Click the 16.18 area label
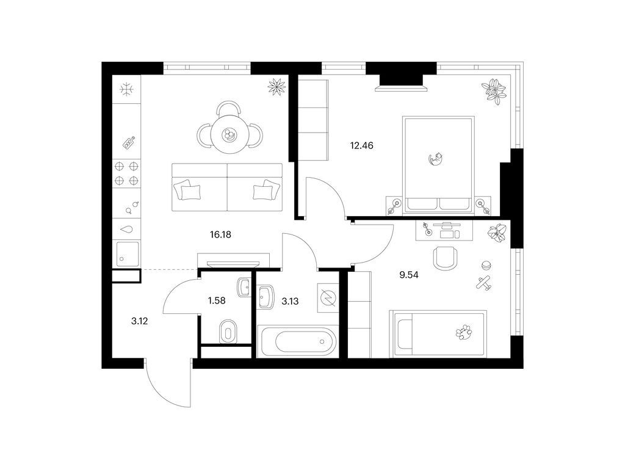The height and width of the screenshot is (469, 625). (x=220, y=234)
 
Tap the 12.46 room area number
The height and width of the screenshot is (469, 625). (x=361, y=145)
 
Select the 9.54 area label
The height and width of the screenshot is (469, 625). (x=409, y=275)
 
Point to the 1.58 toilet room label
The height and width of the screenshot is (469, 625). (x=217, y=300)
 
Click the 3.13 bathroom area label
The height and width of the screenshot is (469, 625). (x=290, y=302)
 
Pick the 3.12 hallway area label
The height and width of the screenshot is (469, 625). (x=140, y=321)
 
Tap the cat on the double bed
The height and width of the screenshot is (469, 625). (x=436, y=158)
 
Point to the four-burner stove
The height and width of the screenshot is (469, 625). (x=126, y=173)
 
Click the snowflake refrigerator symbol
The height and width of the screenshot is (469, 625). (x=127, y=89)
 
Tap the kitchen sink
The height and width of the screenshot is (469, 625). (x=128, y=253)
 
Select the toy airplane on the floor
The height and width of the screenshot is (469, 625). (x=484, y=283)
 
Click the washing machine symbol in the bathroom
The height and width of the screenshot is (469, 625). (x=328, y=297)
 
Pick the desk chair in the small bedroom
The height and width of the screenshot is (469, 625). (x=445, y=257)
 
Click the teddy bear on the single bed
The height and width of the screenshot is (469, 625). (x=464, y=332)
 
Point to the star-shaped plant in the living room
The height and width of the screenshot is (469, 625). (x=276, y=85)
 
